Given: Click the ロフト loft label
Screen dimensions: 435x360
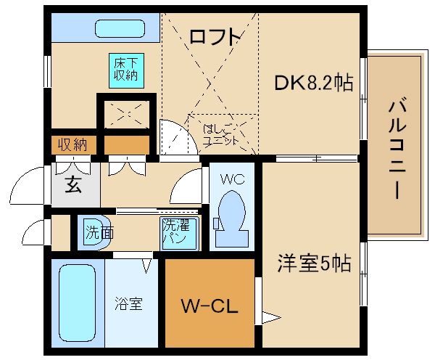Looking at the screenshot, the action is [x=215, y=37].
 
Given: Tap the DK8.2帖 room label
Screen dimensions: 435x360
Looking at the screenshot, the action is [x=314, y=82].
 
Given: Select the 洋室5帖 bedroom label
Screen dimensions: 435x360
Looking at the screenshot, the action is [x=315, y=263].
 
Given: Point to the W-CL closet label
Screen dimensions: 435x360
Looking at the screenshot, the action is [x=210, y=306].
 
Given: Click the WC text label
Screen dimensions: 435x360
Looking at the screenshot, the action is [x=233, y=179].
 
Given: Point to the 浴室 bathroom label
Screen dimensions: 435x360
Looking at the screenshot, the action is [x=129, y=303].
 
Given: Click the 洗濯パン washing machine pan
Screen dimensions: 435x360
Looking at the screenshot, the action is [x=180, y=233].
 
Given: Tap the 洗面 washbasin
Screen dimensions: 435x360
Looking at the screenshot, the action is [x=94, y=232].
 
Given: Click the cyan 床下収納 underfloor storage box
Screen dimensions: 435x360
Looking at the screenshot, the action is [x=126, y=71].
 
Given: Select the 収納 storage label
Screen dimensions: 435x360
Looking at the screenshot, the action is [x=72, y=144].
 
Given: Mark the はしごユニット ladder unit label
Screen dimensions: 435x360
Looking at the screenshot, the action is [x=220, y=135].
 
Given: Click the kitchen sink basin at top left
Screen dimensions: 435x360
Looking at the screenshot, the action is [x=120, y=28].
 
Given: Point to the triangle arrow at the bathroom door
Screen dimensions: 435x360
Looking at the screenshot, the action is [x=146, y=266].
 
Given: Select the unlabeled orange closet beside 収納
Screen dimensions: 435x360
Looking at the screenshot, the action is [x=127, y=144].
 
